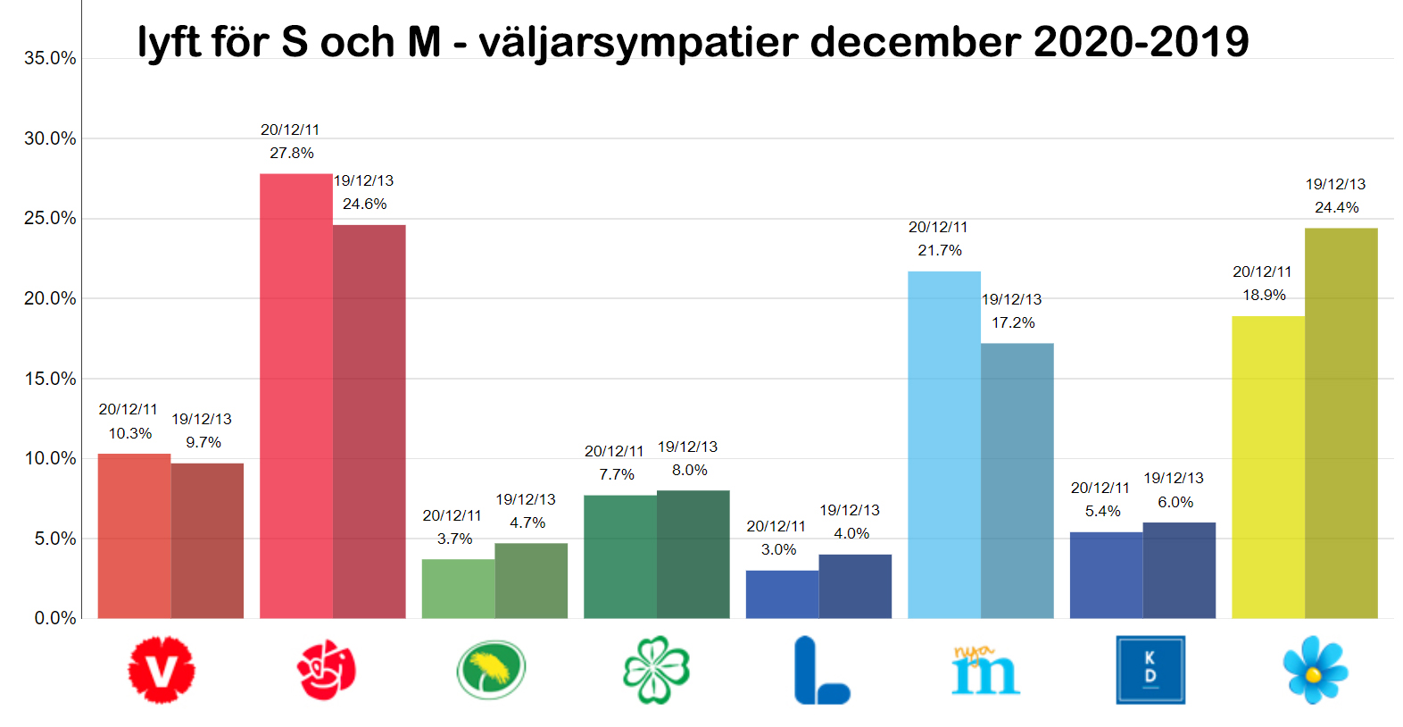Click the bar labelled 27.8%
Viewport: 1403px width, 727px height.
[x=296, y=396]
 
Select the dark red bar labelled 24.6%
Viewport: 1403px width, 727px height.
[x=369, y=422]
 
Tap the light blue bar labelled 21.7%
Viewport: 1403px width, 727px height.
[x=944, y=445]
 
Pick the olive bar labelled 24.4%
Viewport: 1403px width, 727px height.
[x=1341, y=423]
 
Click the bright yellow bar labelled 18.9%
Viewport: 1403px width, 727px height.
[x=1268, y=467]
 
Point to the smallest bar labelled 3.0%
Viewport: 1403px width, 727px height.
[x=783, y=594]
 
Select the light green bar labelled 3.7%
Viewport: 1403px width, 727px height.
[x=459, y=589]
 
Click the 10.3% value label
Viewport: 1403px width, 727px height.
[x=130, y=433]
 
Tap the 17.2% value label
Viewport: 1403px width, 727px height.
[x=1013, y=322]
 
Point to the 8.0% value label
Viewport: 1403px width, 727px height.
[x=690, y=470]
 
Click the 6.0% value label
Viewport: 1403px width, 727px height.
[x=1175, y=502]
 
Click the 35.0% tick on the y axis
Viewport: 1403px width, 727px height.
[x=50, y=58]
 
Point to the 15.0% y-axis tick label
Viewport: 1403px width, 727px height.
[x=50, y=379]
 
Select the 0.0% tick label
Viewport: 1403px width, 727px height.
[x=55, y=619]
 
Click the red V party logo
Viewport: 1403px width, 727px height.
[x=162, y=670]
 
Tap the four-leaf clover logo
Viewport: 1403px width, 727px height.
[x=656, y=670]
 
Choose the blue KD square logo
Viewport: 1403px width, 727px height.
[x=1150, y=670]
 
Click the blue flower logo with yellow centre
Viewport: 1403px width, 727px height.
[x=1316, y=670]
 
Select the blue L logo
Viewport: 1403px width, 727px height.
[x=821, y=670]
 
